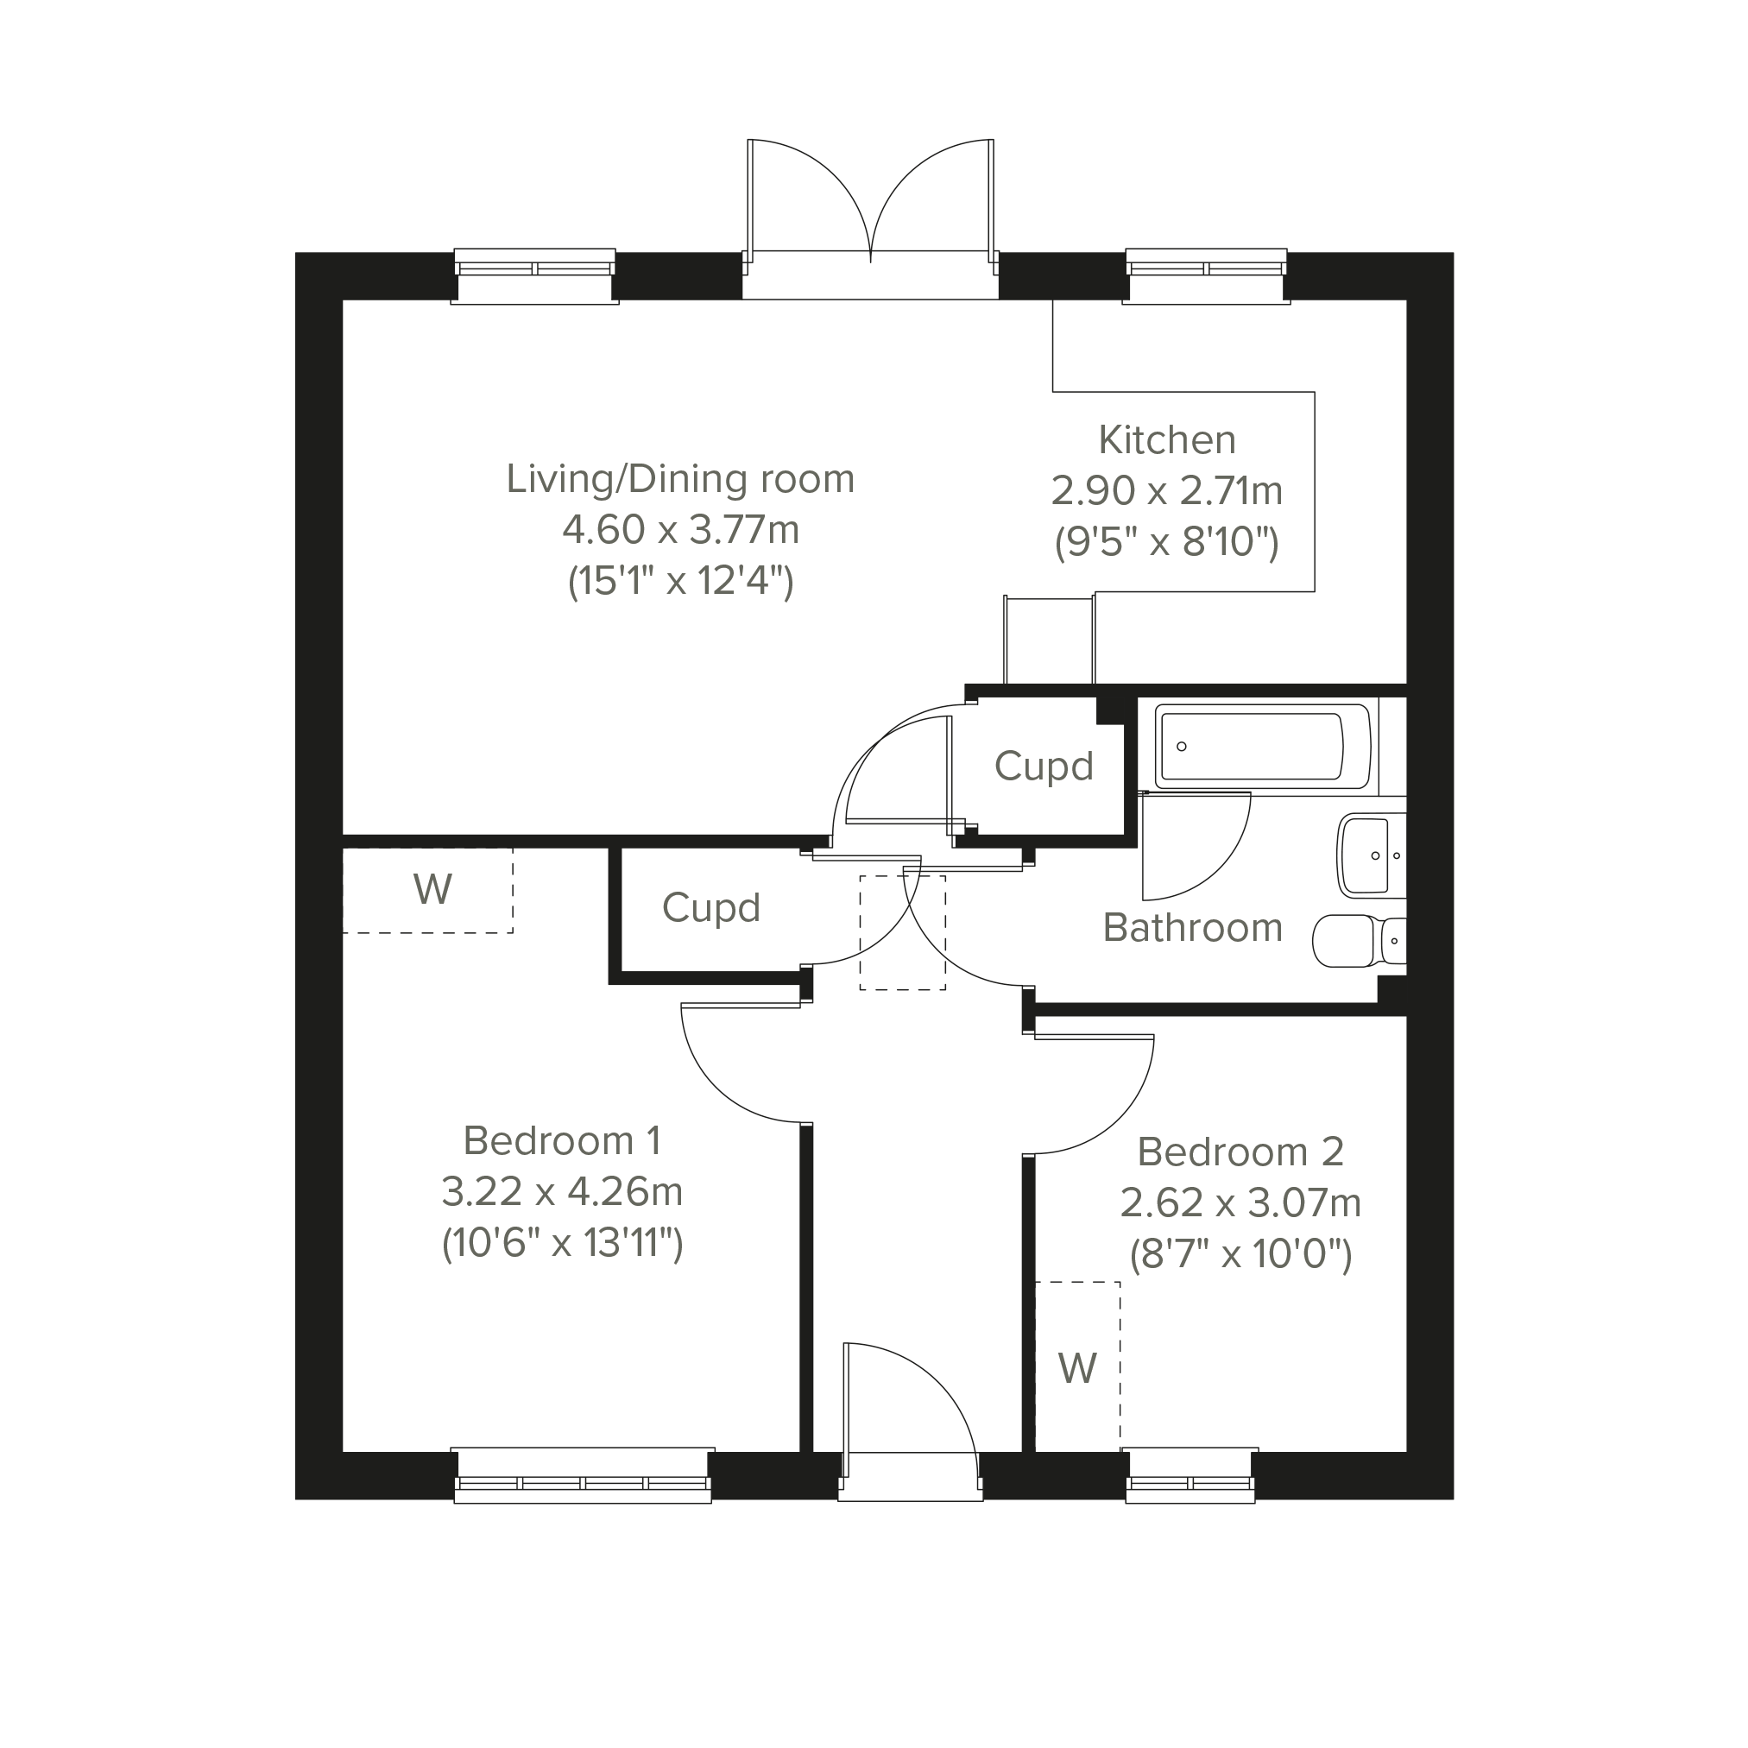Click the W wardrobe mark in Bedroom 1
coord(433,890)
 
